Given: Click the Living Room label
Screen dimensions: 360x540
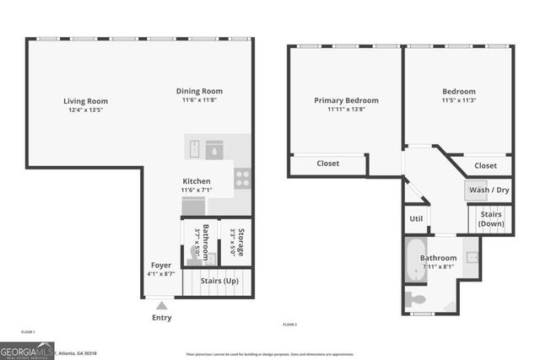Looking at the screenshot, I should pos(86,101).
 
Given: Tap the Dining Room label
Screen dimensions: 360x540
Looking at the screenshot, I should pos(199,92).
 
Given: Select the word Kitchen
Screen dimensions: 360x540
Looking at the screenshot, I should pos(197,181).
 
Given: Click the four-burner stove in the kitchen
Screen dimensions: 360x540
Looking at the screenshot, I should pos(242,178).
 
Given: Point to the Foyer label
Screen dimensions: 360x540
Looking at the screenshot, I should pos(161,265).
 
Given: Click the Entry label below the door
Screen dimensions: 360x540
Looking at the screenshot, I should pos(161,318).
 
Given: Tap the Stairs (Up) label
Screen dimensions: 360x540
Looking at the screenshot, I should pos(219,280).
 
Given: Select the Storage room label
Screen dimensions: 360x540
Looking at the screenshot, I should pos(240,243).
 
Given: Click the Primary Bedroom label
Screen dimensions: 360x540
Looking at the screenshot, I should pos(346,100).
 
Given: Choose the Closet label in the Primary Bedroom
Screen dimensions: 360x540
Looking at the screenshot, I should pos(328,164).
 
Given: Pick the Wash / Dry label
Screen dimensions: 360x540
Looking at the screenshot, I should pos(489,190).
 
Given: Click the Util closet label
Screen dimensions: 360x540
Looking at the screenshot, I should pos(416,218).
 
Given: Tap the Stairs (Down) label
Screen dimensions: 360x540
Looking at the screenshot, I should pos(492,219).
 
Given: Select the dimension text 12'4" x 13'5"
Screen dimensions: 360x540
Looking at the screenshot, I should pos(86,110).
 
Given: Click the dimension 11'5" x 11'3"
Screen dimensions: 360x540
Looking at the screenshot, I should pos(459,100).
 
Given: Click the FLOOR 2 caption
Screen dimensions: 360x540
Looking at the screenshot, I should pos(289,325).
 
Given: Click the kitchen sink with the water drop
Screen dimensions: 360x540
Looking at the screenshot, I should pos(214,149).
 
